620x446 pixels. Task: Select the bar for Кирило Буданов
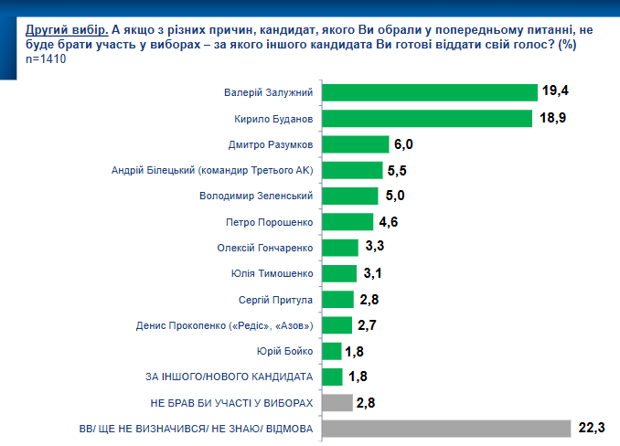tap(427, 118)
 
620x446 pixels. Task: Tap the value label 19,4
tap(555, 90)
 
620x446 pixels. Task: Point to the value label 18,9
tap(551, 117)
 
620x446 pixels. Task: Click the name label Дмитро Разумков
tap(271, 144)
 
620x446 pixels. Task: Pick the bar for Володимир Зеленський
tap(350, 196)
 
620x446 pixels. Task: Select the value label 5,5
tap(399, 170)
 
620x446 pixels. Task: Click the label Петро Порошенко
tap(270, 222)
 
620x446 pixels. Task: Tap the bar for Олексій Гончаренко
tap(340, 248)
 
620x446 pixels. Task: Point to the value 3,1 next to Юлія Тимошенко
tap(371, 273)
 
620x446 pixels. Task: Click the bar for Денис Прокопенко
tap(337, 324)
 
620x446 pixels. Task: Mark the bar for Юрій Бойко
tap(332, 350)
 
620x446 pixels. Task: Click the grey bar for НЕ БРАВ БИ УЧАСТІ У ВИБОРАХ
tap(337, 402)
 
